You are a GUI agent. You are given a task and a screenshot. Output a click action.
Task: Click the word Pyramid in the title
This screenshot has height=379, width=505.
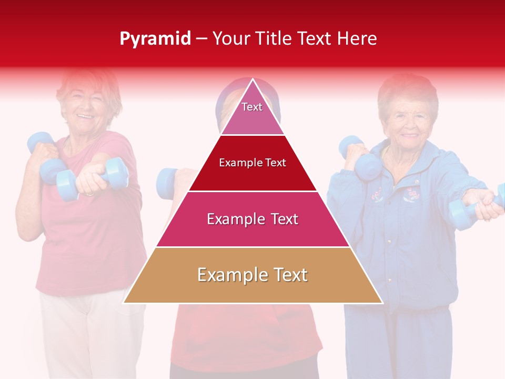pos(155,39)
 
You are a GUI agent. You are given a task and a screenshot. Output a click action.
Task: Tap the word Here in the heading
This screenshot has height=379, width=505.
pos(357,39)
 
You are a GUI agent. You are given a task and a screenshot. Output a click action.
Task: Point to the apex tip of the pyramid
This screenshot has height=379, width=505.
pos(253,80)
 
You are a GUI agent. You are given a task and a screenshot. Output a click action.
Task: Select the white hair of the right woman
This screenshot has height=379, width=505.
pos(408,89)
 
